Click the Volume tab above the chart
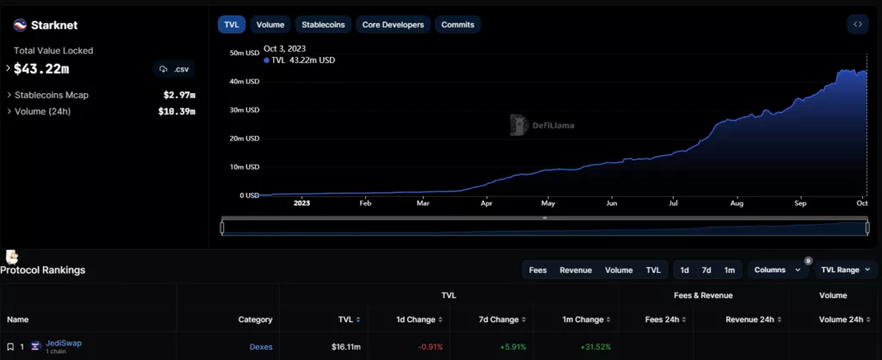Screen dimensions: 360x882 pyautogui.click(x=270, y=25)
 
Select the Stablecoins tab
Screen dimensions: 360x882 pyautogui.click(x=323, y=25)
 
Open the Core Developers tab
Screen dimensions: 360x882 pyautogui.click(x=393, y=25)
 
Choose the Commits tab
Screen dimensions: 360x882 pyautogui.click(x=457, y=25)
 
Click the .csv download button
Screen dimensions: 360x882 pyautogui.click(x=174, y=69)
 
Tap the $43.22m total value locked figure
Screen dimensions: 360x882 pyautogui.click(x=41, y=68)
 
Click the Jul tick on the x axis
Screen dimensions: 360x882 pyautogui.click(x=674, y=204)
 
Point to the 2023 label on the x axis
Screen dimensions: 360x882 pyautogui.click(x=301, y=204)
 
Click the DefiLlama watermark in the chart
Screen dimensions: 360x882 pyautogui.click(x=542, y=126)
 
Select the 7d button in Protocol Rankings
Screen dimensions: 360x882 pyautogui.click(x=706, y=270)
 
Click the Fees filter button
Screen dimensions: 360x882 pyautogui.click(x=538, y=270)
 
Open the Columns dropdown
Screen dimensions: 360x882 pyautogui.click(x=777, y=270)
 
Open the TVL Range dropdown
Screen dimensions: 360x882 pyautogui.click(x=845, y=270)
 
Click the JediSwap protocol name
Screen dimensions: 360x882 pyautogui.click(x=65, y=344)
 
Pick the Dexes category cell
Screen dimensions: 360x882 pyautogui.click(x=260, y=346)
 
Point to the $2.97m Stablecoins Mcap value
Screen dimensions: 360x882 pyautogui.click(x=179, y=95)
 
